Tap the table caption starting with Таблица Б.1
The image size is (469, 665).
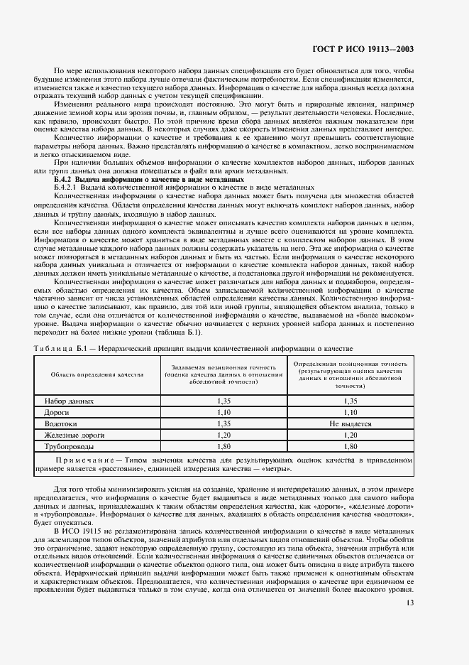[x=193, y=348]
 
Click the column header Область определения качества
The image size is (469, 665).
[x=96, y=374]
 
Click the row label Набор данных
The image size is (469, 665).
[x=70, y=401]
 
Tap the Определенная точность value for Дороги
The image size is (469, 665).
[x=350, y=412]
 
